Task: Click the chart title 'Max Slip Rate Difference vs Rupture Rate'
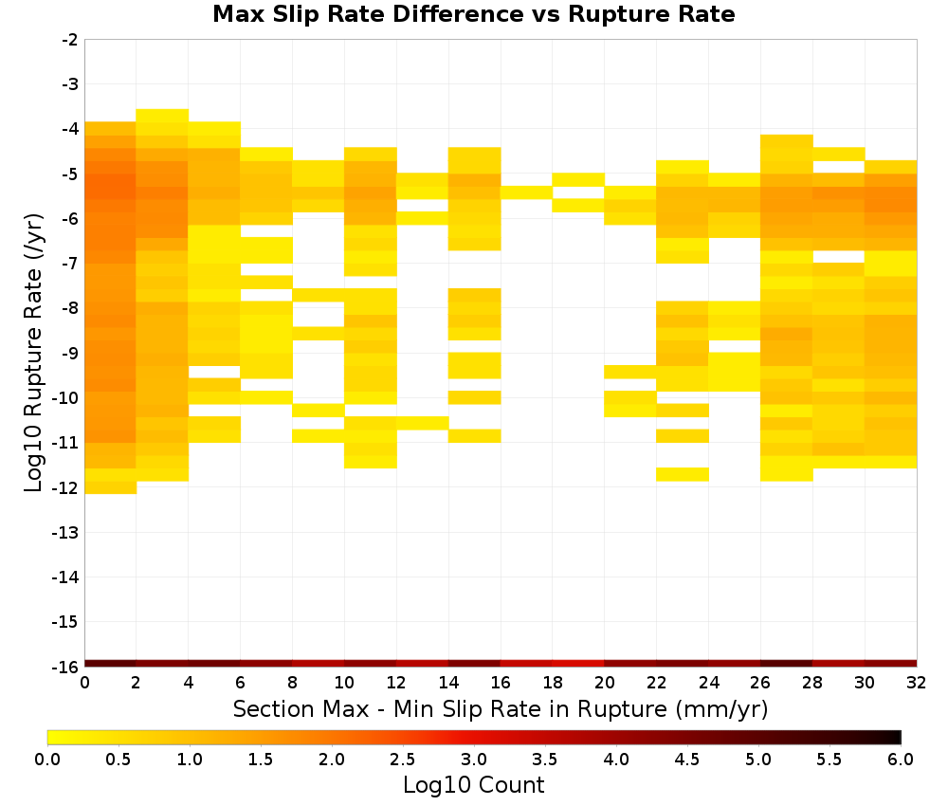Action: point(473,14)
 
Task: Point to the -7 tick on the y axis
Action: point(70,264)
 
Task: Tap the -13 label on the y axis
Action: point(66,533)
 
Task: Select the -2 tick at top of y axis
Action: point(70,40)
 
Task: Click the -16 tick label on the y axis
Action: point(66,667)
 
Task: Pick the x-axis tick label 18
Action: point(553,683)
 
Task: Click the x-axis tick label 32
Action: point(917,683)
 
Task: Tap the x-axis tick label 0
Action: point(84,683)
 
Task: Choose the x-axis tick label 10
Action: point(345,683)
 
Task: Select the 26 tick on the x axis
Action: point(760,683)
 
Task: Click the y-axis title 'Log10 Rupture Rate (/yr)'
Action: point(33,353)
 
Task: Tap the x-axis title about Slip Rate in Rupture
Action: point(501,709)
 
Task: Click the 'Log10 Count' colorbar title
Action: point(473,785)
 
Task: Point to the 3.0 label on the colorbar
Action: point(474,760)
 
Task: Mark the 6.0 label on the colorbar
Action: point(901,760)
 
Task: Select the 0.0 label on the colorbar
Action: point(47,760)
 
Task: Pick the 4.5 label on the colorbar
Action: point(687,760)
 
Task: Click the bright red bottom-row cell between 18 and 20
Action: point(578,664)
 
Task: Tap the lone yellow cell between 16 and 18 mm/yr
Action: point(526,192)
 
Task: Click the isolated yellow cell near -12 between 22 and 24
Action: point(683,474)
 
